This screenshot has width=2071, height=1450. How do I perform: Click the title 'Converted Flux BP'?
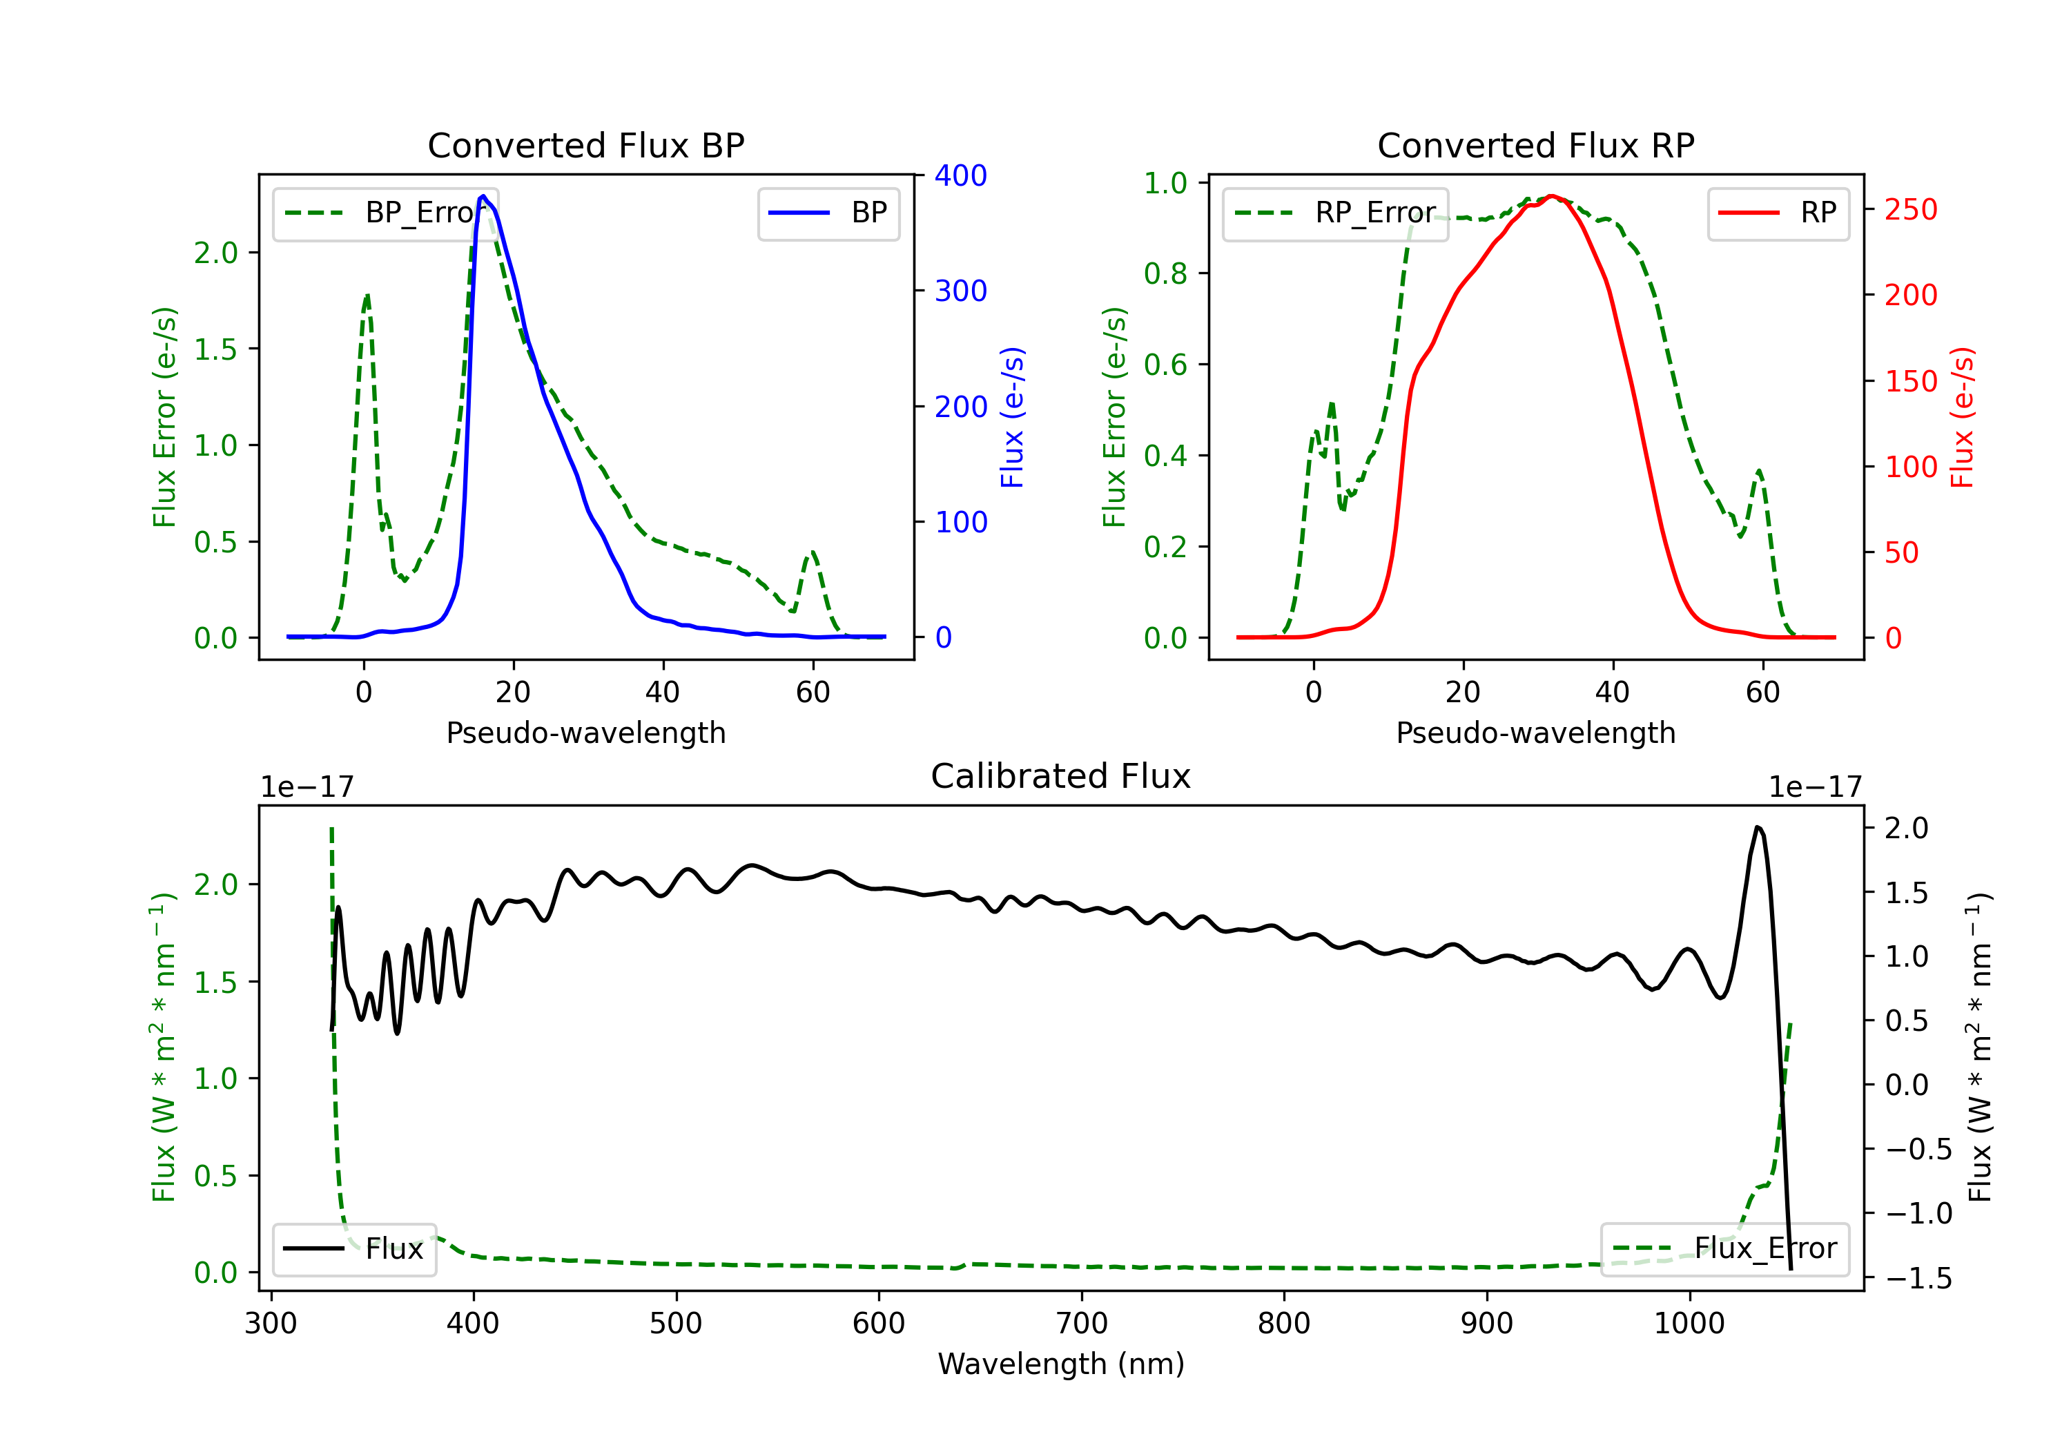pyautogui.click(x=586, y=145)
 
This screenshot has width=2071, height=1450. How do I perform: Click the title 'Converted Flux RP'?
pyautogui.click(x=1536, y=145)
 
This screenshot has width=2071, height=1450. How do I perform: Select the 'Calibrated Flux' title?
pyautogui.click(x=1061, y=776)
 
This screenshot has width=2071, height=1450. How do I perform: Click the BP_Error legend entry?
pyautogui.click(x=385, y=213)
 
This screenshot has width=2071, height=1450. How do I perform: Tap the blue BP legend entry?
pyautogui.click(x=828, y=213)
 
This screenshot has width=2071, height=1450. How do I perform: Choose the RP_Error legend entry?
pyautogui.click(x=1335, y=213)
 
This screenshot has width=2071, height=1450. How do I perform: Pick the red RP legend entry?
pyautogui.click(x=1778, y=213)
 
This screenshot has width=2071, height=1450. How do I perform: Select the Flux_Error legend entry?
pyautogui.click(x=1724, y=1249)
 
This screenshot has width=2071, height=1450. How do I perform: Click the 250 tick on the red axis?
pyautogui.click(x=1910, y=209)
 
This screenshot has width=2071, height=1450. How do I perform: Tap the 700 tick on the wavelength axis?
pyautogui.click(x=1082, y=1324)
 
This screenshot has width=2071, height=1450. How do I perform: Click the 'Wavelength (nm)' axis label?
pyautogui.click(x=1061, y=1364)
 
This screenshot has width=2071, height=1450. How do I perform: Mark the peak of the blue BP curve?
pyautogui.click(x=483, y=196)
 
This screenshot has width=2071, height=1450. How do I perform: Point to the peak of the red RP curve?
pyautogui.click(x=1551, y=196)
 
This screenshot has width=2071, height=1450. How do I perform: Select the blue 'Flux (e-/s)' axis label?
pyautogui.click(x=1012, y=418)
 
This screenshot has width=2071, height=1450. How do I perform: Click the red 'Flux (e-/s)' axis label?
pyautogui.click(x=1962, y=418)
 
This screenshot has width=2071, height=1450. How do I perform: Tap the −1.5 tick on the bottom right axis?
pyautogui.click(x=1918, y=1279)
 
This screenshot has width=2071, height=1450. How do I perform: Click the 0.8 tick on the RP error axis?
pyautogui.click(x=1165, y=273)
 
